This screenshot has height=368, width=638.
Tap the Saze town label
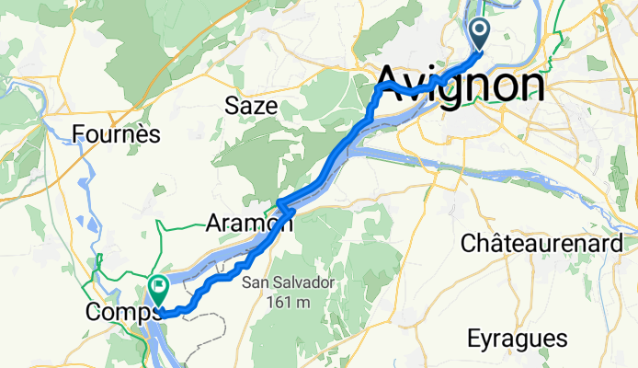pos(251,106)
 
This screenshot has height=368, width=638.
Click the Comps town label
pos(117,312)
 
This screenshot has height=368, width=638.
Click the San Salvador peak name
pos(293,284)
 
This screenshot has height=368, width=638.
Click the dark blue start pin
pos(481,35)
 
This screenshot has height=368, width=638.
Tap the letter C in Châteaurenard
pos(466,245)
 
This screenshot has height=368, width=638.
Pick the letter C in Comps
pos(92,312)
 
